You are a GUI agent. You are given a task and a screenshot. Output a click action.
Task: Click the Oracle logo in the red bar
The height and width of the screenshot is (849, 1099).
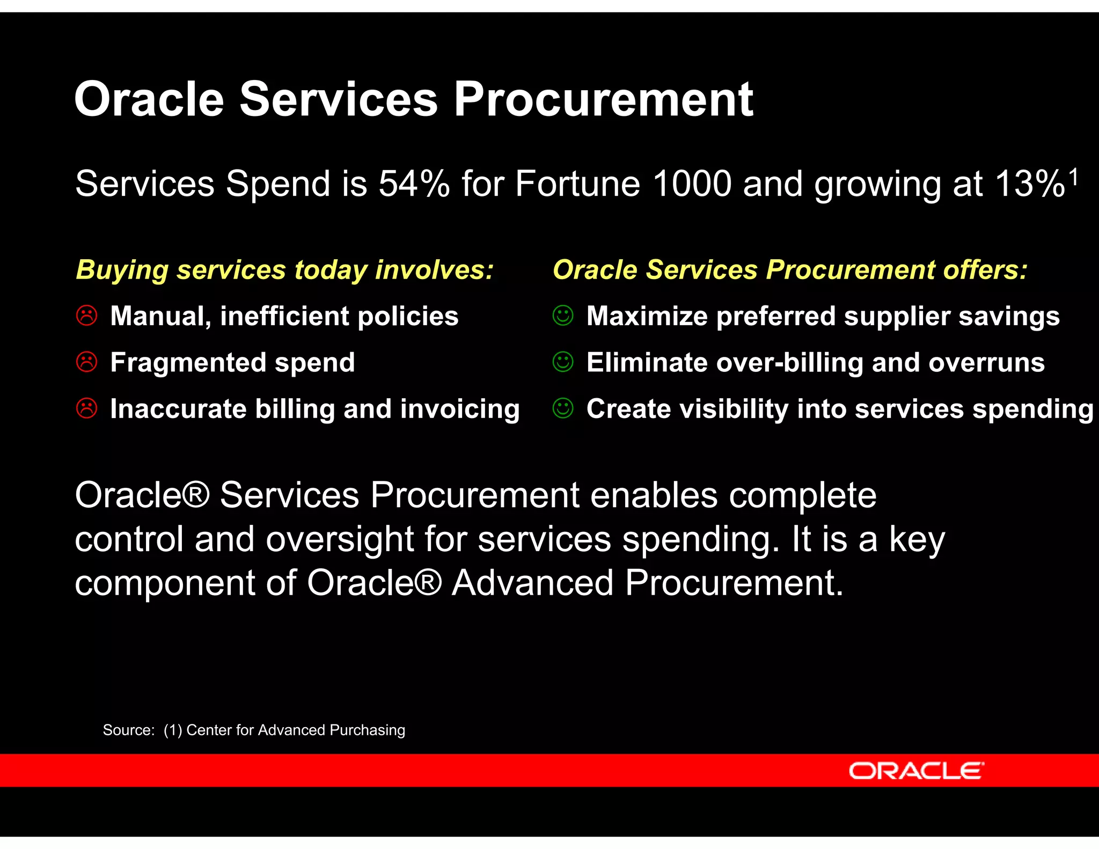click(x=916, y=771)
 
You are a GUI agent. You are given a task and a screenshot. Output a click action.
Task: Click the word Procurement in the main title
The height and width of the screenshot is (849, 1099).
click(x=604, y=99)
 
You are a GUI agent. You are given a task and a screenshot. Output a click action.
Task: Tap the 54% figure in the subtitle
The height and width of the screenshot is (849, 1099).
click(x=414, y=184)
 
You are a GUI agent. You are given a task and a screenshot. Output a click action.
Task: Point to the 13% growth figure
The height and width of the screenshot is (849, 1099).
click(x=1029, y=184)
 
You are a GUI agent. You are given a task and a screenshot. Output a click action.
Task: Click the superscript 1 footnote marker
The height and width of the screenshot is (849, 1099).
click(x=1073, y=177)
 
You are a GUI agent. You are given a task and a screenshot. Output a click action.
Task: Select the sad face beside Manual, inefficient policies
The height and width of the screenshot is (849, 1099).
click(x=86, y=316)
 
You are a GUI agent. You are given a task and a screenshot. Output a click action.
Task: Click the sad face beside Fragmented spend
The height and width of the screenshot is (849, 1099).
click(x=86, y=362)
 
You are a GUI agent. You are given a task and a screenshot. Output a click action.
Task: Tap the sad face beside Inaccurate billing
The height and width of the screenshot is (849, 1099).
click(x=86, y=408)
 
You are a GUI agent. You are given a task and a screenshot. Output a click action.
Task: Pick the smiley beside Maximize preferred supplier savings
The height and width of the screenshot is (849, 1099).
click(x=563, y=316)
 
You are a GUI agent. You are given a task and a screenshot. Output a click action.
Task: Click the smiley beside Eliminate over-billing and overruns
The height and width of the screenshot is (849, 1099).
click(x=563, y=362)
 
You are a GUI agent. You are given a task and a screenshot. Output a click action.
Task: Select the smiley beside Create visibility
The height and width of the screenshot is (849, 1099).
click(x=563, y=408)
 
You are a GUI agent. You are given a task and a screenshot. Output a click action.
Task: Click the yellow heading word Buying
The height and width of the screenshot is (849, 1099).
click(x=122, y=270)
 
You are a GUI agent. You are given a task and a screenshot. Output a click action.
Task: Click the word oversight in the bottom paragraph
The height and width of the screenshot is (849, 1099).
click(x=340, y=539)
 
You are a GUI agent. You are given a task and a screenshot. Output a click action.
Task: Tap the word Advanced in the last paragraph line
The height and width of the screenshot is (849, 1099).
click(x=532, y=583)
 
